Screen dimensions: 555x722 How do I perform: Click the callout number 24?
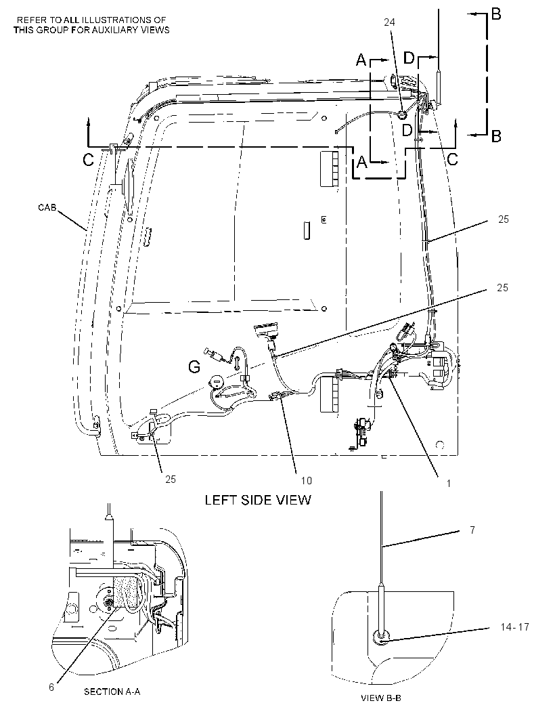click(389, 22)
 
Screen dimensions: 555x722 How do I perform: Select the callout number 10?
click(307, 480)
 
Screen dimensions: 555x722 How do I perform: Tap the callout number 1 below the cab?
click(449, 483)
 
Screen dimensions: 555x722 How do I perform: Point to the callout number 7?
click(472, 530)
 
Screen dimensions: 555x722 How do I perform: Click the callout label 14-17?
click(514, 627)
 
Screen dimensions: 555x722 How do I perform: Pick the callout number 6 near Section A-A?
click(51, 687)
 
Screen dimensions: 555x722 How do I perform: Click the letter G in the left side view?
click(195, 367)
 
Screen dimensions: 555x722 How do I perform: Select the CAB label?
click(47, 208)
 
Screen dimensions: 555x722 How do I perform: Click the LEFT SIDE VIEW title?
click(258, 500)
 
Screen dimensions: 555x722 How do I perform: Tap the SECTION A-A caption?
click(112, 692)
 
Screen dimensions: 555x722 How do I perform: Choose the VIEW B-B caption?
click(381, 698)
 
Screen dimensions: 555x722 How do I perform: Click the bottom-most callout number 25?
click(171, 480)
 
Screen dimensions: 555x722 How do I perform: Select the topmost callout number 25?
click(504, 219)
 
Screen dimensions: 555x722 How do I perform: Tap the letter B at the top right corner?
click(496, 14)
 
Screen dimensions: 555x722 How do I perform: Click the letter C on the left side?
click(89, 160)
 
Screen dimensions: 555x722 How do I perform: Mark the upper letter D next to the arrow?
click(409, 58)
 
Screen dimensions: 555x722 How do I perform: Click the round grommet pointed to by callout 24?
click(401, 114)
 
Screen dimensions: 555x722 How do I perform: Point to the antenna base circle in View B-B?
click(380, 637)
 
